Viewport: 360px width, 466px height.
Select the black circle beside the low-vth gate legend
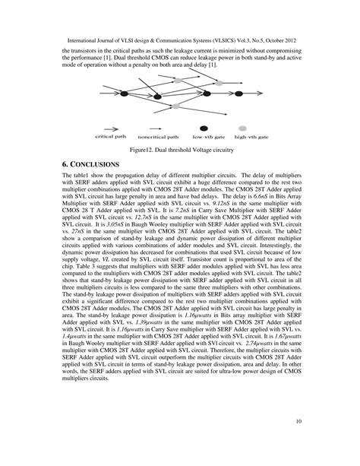click(x=203, y=129)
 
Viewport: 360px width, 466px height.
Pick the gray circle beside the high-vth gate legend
click(x=243, y=129)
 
